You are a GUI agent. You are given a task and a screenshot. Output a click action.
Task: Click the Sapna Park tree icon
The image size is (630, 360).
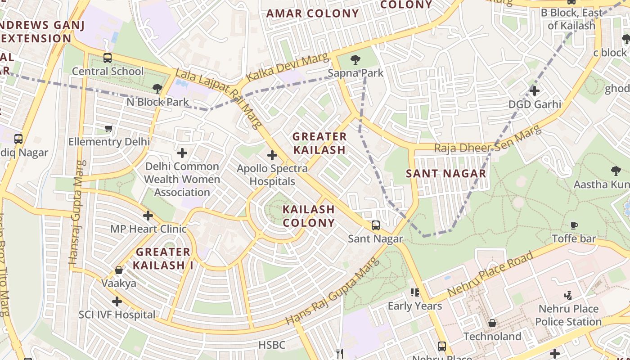[355, 60]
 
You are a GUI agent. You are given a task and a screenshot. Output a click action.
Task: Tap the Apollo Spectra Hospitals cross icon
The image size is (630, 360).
[272, 156]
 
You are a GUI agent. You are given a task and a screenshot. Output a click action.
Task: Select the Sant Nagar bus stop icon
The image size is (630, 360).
[375, 225]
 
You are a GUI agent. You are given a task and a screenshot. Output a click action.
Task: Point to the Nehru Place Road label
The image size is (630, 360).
[490, 274]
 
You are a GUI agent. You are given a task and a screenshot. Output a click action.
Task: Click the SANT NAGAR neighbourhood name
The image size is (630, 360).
[446, 173]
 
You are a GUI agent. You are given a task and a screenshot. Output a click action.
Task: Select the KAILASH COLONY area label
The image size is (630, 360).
[309, 216]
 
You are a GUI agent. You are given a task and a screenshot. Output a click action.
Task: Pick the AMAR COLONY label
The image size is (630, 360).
[312, 13]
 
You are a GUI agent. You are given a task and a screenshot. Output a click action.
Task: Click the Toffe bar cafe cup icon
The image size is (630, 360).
[574, 225]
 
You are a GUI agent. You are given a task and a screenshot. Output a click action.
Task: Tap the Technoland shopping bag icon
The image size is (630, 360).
[492, 323]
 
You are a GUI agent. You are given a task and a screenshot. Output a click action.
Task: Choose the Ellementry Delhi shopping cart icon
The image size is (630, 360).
[108, 129]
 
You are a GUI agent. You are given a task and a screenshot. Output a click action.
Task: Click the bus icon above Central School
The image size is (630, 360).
[107, 58]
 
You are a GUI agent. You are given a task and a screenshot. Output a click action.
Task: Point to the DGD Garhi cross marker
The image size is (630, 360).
[534, 91]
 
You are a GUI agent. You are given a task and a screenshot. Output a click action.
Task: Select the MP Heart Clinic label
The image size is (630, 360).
[148, 229]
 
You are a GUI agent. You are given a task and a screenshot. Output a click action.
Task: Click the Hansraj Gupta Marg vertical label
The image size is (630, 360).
[76, 212]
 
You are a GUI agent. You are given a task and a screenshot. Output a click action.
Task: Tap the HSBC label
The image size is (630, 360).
[271, 345]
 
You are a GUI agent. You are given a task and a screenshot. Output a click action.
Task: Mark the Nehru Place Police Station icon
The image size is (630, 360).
[568, 296]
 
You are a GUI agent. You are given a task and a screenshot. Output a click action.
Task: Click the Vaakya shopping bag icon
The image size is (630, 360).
[119, 270]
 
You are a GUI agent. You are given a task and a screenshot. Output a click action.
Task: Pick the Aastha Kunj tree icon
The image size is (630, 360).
[616, 171]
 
